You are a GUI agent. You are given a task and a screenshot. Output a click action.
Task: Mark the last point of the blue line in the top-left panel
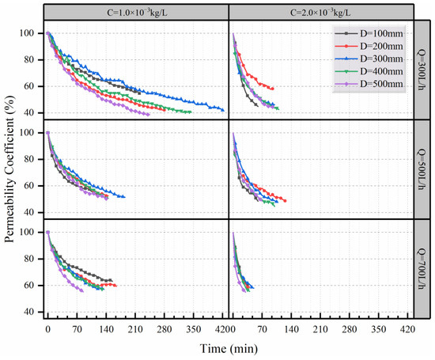223,110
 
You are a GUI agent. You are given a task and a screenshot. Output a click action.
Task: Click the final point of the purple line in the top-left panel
148,114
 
